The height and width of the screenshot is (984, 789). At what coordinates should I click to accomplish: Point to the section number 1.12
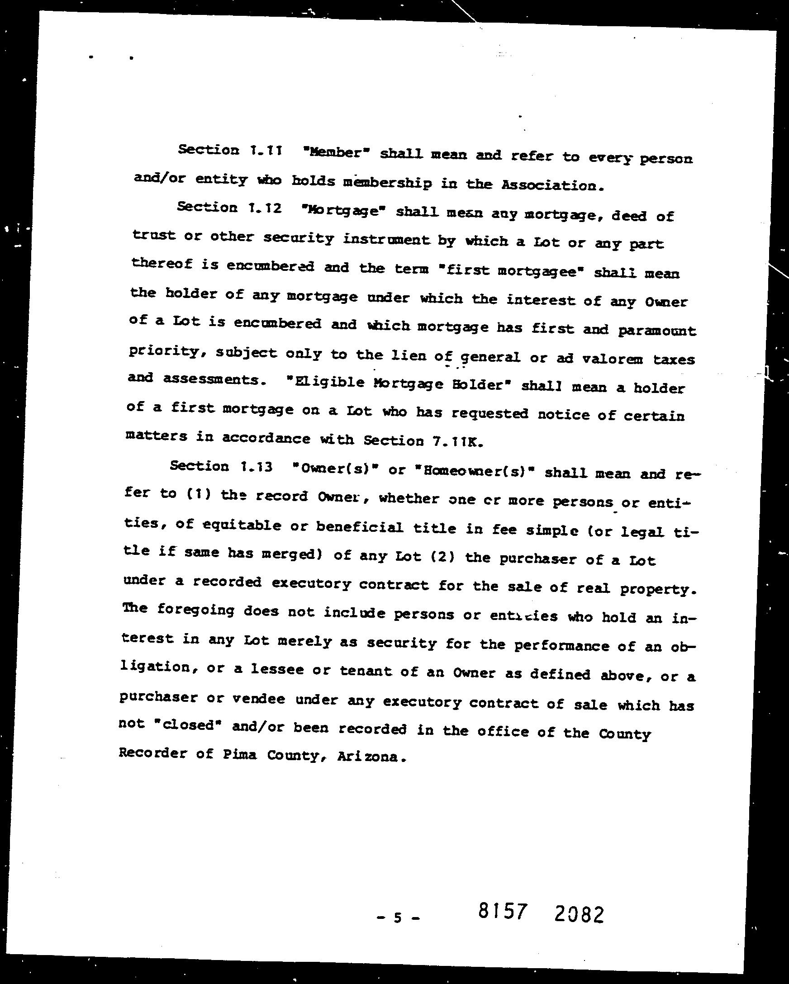coord(265,208)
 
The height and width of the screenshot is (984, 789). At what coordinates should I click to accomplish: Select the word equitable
coord(242,526)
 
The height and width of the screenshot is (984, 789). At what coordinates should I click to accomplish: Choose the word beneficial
coord(360,527)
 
